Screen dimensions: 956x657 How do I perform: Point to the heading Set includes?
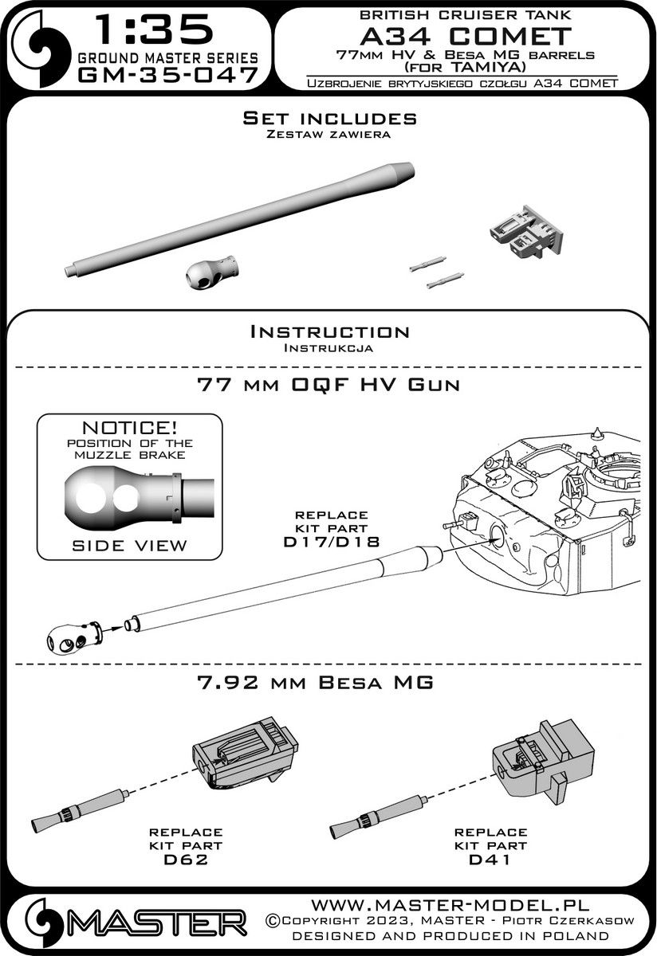pyautogui.click(x=328, y=119)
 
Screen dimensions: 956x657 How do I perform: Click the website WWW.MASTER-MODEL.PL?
pyautogui.click(x=470, y=907)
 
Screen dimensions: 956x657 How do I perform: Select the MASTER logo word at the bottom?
pyautogui.click(x=151, y=927)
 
